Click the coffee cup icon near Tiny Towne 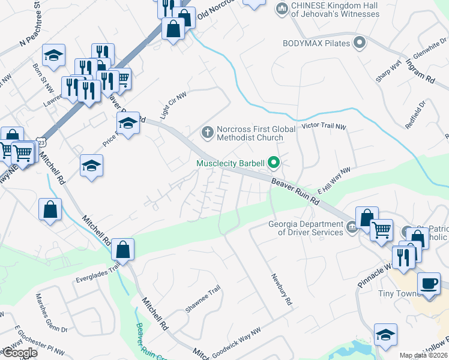click(429, 283)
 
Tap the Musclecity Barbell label click(231, 163)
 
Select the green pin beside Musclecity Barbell click(274, 162)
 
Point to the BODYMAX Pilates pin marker click(360, 43)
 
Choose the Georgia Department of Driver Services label click(306, 229)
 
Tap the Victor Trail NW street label click(324, 127)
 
